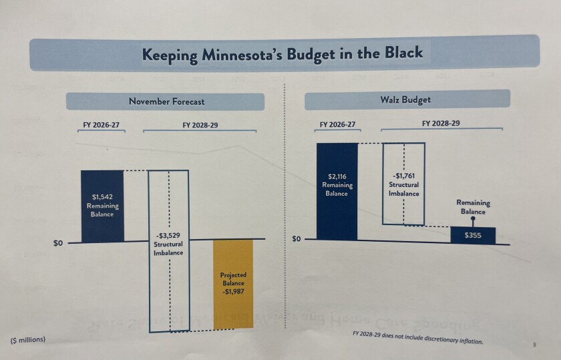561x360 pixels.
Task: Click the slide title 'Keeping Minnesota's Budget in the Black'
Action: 282,53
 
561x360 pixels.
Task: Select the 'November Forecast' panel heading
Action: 166,102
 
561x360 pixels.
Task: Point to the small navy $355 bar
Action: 473,235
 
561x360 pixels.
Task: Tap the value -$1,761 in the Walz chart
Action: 403,176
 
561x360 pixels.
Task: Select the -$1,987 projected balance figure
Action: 233,292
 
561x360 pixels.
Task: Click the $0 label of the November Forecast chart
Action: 58,243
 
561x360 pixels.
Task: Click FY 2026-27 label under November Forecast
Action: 102,125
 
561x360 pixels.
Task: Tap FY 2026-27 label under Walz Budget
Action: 337,124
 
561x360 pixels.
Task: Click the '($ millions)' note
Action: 28,339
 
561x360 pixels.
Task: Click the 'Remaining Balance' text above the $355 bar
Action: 473,206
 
